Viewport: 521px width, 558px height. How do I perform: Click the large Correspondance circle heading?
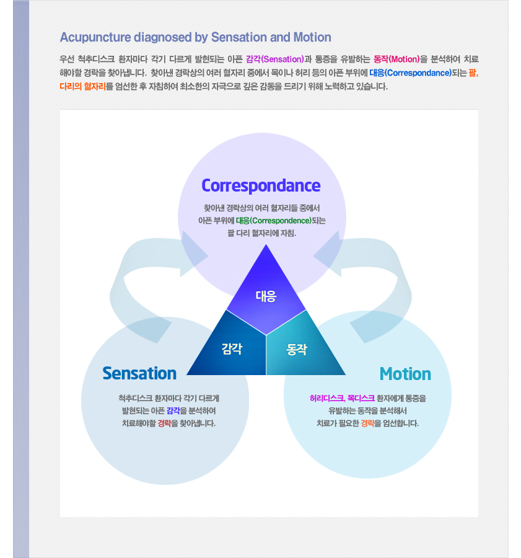[x=261, y=186]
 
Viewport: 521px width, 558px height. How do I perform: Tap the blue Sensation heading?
[x=139, y=373]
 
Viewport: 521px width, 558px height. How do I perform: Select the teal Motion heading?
[x=405, y=374]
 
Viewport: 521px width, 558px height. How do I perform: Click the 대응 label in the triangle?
[x=266, y=296]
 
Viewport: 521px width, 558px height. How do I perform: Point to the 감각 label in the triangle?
[x=232, y=348]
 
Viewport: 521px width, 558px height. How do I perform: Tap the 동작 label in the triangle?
[x=297, y=350]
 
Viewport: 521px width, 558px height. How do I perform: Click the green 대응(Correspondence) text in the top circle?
[x=273, y=221]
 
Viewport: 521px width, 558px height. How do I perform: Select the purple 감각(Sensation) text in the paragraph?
[x=275, y=59]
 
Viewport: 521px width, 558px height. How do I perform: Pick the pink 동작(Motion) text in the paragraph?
[x=396, y=59]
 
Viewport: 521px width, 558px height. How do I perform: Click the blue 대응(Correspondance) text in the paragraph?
[x=410, y=73]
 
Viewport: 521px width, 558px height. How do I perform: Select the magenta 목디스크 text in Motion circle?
[x=361, y=398]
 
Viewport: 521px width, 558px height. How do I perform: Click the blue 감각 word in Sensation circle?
[x=173, y=410]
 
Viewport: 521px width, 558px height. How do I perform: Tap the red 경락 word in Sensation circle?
[x=164, y=423]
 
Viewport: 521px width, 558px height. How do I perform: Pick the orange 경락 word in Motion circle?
[x=368, y=423]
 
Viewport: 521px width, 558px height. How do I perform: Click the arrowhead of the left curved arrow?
[x=194, y=254]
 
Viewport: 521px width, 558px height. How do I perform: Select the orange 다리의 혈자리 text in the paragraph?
[x=83, y=86]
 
